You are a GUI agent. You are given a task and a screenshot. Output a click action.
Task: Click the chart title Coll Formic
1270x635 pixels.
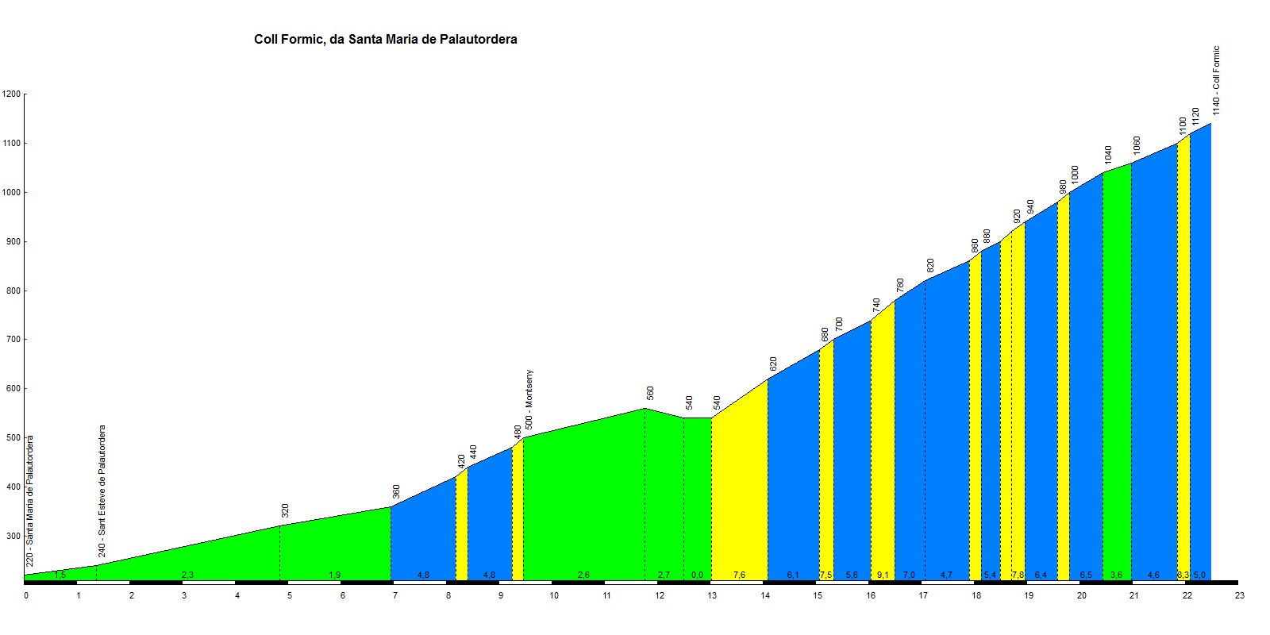click(x=385, y=40)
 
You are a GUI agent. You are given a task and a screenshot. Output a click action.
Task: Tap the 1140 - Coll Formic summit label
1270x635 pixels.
click(x=1216, y=80)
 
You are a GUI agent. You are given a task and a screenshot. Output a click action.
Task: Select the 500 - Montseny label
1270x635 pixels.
click(x=529, y=400)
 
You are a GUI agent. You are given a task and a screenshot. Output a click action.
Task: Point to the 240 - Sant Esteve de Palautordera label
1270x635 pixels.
click(x=102, y=491)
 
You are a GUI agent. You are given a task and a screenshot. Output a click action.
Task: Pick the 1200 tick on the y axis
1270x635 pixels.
click(x=11, y=94)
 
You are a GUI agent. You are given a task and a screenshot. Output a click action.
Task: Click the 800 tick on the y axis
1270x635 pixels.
click(x=11, y=291)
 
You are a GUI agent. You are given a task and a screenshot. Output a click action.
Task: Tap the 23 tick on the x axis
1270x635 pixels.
click(x=1240, y=595)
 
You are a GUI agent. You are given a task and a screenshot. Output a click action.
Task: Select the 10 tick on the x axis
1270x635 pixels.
click(x=554, y=595)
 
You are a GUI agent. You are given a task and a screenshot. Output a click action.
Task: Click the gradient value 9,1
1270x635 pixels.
click(x=883, y=575)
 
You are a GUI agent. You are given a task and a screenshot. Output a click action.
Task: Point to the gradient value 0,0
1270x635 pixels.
click(x=697, y=575)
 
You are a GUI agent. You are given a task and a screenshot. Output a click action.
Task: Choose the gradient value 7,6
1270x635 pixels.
click(x=739, y=575)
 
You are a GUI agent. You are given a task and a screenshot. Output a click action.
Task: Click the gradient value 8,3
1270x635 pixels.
click(x=1183, y=575)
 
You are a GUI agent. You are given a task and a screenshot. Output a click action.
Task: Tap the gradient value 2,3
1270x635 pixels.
click(x=187, y=575)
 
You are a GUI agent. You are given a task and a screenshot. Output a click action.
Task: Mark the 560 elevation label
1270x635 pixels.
click(x=650, y=393)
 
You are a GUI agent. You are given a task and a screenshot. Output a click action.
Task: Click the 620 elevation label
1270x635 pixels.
click(x=773, y=364)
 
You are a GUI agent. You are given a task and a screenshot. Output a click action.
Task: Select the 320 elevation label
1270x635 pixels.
click(x=285, y=510)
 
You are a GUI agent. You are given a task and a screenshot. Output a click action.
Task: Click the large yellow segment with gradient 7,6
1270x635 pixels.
click(x=739, y=492)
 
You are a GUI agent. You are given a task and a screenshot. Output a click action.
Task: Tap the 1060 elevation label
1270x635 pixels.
click(x=1137, y=145)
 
